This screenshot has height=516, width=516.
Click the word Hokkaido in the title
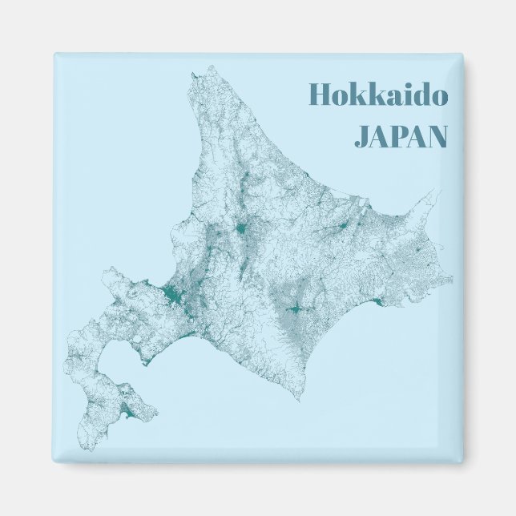tap(378, 95)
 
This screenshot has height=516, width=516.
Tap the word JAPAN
tap(401, 136)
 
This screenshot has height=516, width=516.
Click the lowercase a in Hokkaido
tap(388, 97)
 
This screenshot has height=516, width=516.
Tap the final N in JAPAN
tap(436, 136)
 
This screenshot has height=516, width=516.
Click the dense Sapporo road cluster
tap(170, 296)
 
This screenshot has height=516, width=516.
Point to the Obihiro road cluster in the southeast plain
tap(294, 307)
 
